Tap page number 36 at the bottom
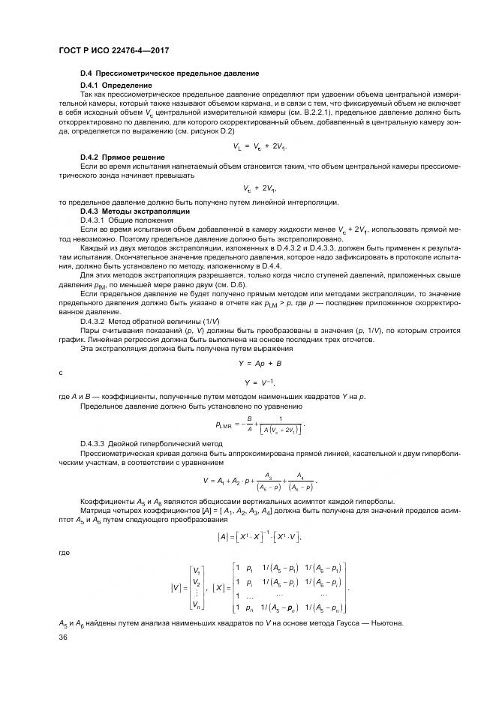pos(62,637)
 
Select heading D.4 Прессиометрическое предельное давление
pos(170,73)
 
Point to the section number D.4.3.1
pos(94,220)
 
